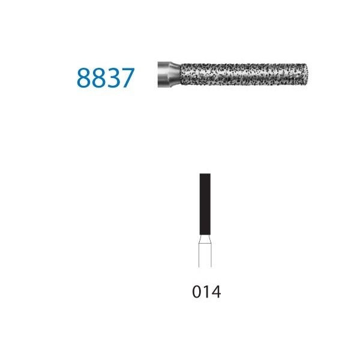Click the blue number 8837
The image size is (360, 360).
click(106, 78)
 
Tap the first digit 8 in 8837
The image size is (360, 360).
click(83, 78)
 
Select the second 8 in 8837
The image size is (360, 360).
click(98, 78)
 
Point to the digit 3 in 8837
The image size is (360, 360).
click(113, 78)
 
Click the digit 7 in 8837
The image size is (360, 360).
click(127, 78)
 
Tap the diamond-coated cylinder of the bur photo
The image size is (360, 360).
click(244, 74)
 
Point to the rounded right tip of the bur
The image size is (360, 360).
click(306, 74)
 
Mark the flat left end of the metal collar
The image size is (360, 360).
click(158, 74)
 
